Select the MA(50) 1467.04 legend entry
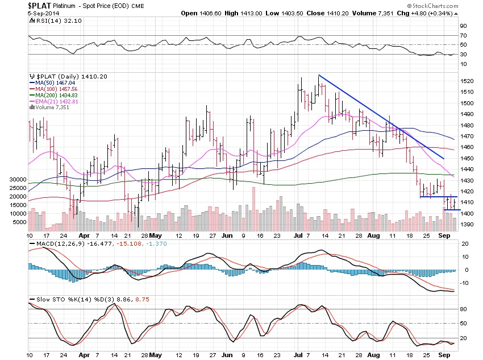tap(58, 83)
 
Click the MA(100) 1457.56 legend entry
tap(59, 89)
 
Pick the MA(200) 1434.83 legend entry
tap(59, 95)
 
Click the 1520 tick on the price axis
tap(467, 81)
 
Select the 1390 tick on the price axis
tap(467, 224)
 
